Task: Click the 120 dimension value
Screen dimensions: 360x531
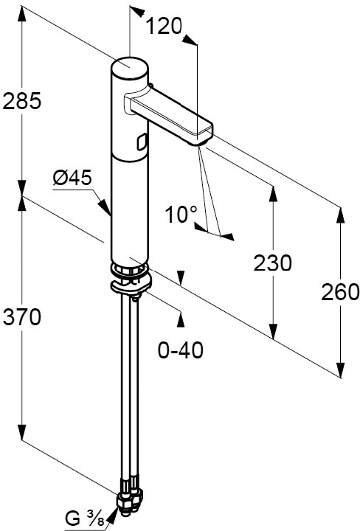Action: [164, 27]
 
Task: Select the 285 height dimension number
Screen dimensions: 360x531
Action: [21, 101]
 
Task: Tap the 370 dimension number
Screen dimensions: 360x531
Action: [21, 317]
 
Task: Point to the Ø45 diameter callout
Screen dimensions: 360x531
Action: [72, 177]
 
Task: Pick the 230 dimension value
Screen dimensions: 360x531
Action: [272, 263]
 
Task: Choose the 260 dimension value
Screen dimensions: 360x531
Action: [339, 292]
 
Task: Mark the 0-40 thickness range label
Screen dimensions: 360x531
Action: [181, 350]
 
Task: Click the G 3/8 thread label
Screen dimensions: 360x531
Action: [85, 518]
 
